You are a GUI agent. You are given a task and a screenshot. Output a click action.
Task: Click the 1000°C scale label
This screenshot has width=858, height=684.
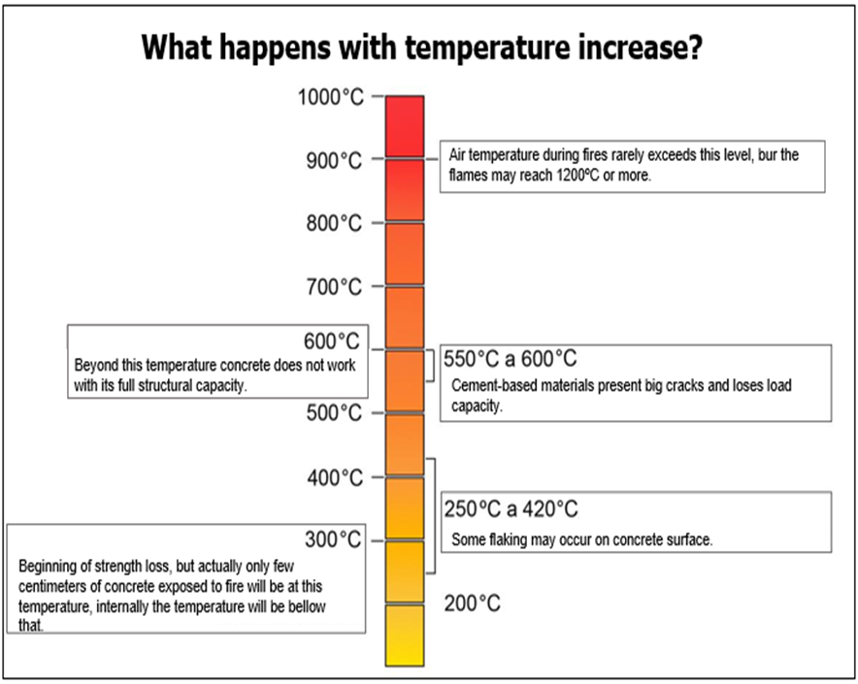coord(330,97)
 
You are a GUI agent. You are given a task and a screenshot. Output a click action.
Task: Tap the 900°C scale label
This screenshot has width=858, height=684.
coord(334,160)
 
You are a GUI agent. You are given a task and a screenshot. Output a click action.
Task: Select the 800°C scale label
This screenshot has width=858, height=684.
coord(334,223)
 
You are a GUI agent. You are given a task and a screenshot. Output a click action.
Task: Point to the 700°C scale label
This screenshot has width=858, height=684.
coord(334,286)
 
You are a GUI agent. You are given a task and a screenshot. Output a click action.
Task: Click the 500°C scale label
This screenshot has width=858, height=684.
coord(334,413)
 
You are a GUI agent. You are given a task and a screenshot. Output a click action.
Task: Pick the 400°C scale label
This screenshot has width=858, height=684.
coord(334,477)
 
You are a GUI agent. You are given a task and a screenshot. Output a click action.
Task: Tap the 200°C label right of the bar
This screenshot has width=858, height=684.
coord(473,603)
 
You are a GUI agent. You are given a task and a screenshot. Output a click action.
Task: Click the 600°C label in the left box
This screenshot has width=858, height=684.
coord(331,342)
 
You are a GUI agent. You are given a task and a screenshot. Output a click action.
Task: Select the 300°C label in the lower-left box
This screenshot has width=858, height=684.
coord(331,539)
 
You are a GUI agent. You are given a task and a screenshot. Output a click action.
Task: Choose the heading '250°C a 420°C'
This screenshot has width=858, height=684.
coord(511,508)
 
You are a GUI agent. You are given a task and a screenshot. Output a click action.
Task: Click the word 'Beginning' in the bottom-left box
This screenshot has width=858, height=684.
coord(47,565)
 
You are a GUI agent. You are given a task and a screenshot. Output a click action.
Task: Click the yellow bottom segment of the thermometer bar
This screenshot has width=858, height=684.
coord(405,635)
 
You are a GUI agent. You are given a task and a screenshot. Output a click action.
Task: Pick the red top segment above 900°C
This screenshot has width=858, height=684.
coord(405,126)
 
